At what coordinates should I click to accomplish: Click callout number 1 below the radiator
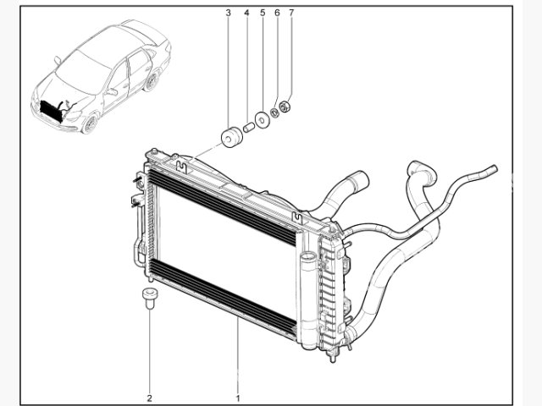pos(238,397)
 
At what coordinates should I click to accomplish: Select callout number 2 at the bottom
pos(149,397)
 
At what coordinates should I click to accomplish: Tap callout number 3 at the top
pos(229,14)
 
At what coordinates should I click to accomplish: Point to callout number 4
pos(246,14)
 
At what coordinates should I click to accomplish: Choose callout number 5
pos(262,14)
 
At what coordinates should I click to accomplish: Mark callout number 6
pos(276,14)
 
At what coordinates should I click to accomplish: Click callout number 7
pos(291,14)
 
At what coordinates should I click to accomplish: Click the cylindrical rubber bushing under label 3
pos(229,136)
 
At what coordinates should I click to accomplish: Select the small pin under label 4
pos(249,128)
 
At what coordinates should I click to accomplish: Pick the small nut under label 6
pos(276,113)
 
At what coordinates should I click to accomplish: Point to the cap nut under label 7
pos(286,107)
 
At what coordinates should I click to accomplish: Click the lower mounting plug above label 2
pos(150,297)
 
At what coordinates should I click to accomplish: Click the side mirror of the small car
pos(58,60)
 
